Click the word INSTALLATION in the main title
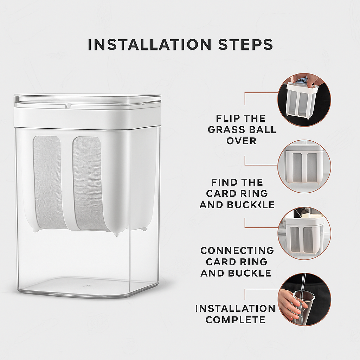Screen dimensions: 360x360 click(149, 45)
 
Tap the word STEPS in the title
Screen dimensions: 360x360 click(246, 45)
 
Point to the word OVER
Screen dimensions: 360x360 click(241, 141)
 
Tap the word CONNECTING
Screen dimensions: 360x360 click(237, 250)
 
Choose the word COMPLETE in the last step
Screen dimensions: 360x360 click(236, 320)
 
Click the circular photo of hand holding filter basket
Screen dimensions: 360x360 click(304, 99)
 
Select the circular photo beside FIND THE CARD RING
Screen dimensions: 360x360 click(304, 166)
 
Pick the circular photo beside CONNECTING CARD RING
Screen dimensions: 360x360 click(304, 233)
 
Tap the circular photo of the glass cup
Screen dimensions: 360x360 click(304, 300)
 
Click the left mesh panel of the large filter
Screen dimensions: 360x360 click(48, 182)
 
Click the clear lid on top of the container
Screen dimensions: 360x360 click(87, 101)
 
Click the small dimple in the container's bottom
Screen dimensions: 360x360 click(87, 286)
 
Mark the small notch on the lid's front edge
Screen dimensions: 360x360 click(69, 105)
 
